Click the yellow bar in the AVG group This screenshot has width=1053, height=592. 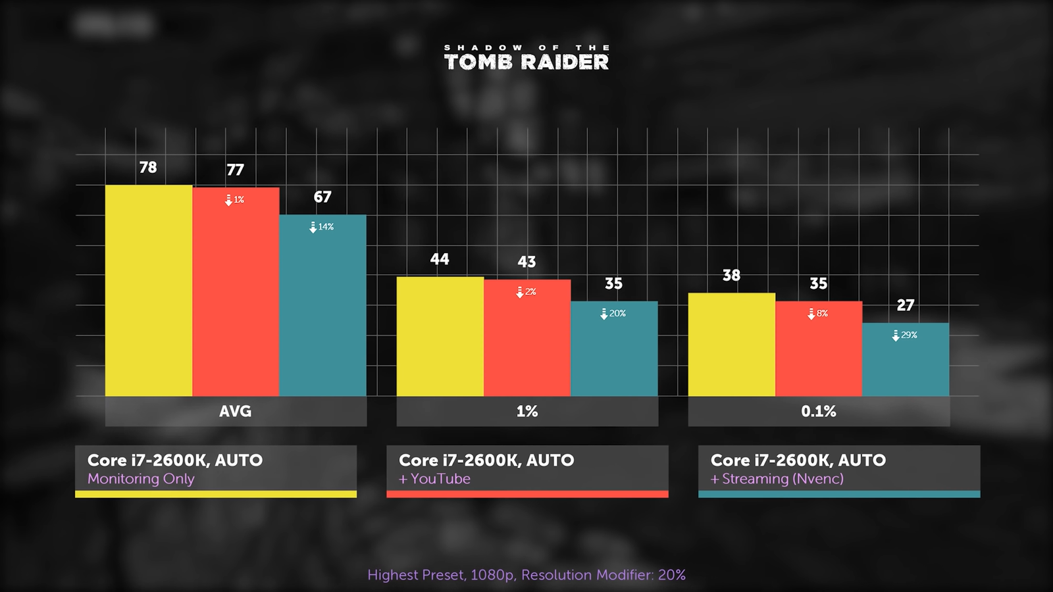[149, 290]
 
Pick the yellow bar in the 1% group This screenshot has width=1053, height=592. [440, 336]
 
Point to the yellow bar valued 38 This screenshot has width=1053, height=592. [731, 344]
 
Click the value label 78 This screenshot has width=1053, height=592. [148, 168]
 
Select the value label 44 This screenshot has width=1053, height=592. [440, 259]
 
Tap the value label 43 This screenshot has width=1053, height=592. [526, 262]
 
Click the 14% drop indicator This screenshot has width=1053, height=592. [322, 227]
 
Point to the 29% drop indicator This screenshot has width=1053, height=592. [905, 335]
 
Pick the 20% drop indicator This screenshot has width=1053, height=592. [613, 314]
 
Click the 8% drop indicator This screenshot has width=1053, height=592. [818, 314]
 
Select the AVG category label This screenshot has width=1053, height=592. [235, 412]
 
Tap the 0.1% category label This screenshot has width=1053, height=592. [818, 412]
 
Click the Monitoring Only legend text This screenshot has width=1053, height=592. [141, 479]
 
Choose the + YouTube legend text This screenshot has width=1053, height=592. [434, 479]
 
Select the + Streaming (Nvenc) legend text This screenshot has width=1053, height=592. [777, 479]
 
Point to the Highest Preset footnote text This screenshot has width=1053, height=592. [526, 575]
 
